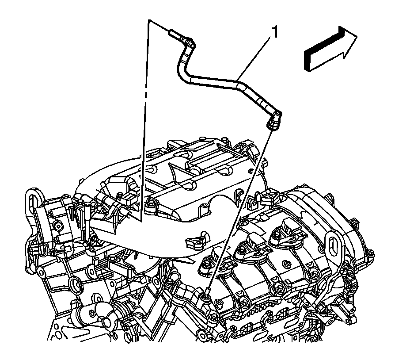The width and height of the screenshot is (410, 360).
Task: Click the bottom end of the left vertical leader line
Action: point(140,221)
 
